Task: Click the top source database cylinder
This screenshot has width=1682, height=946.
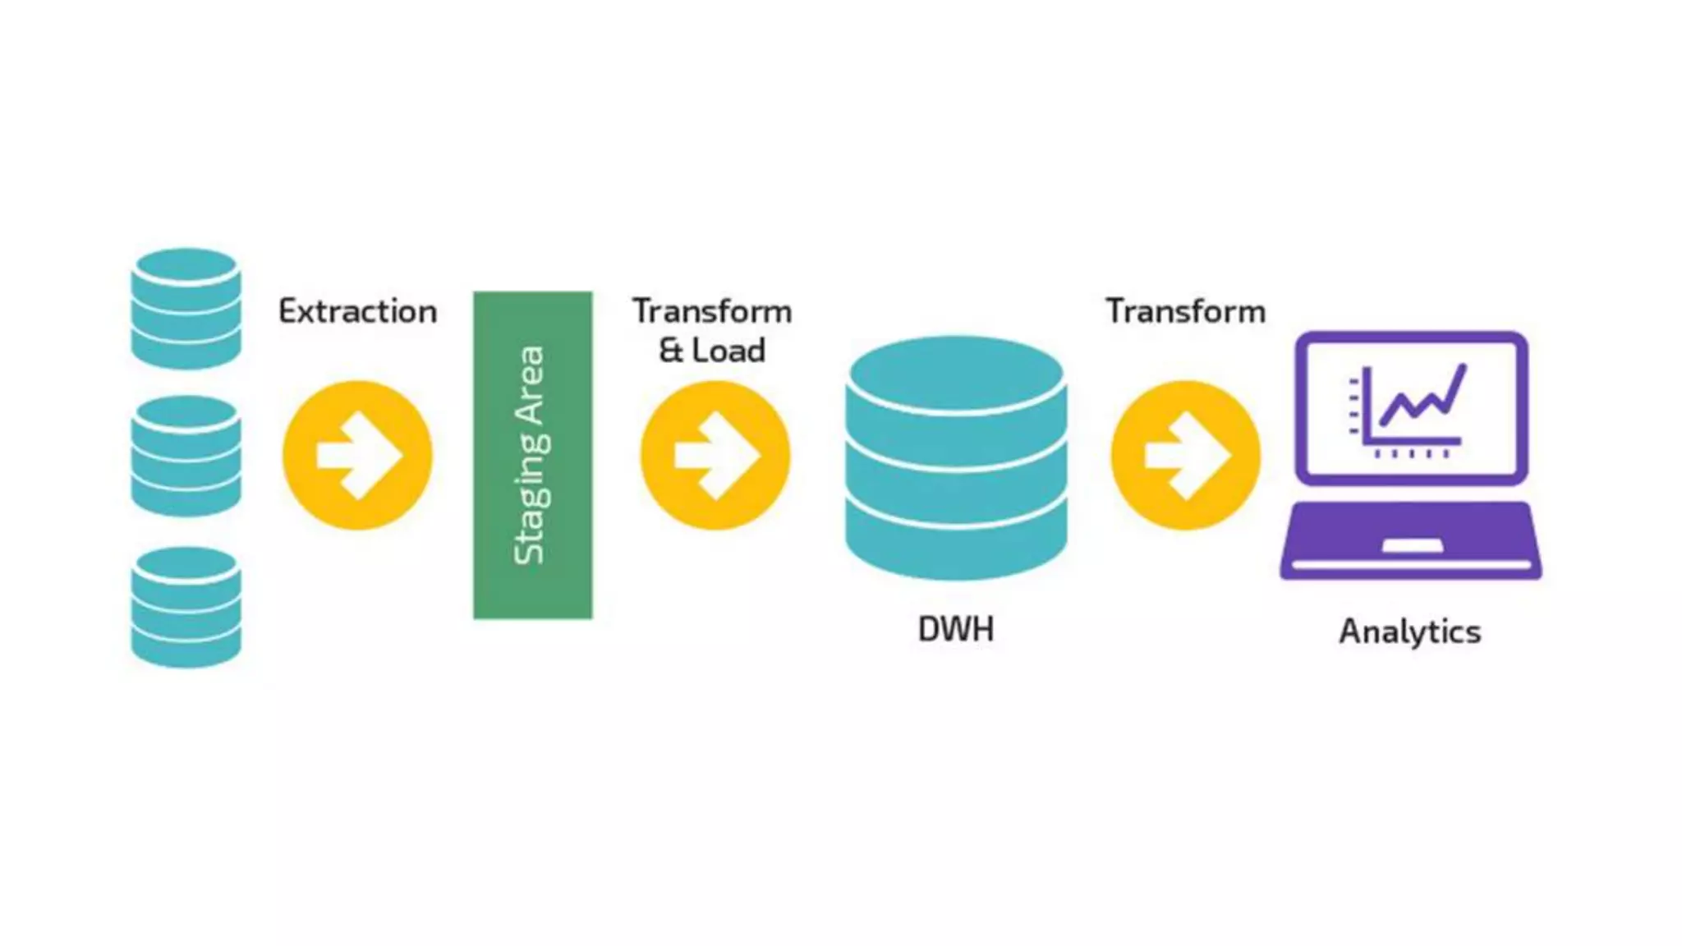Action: click(186, 308)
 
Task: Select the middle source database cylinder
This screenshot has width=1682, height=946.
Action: click(186, 456)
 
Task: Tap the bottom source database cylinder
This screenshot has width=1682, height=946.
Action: click(186, 607)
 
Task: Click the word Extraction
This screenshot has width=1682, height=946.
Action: click(357, 312)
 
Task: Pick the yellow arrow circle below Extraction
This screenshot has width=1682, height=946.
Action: click(357, 455)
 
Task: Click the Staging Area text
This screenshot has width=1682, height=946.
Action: click(530, 455)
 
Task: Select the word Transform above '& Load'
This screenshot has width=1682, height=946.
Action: click(712, 312)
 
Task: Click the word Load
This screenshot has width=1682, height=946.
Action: click(728, 351)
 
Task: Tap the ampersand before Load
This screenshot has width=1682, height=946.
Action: click(671, 351)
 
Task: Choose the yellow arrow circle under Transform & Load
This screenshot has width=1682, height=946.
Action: click(715, 455)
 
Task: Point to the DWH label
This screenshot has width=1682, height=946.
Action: click(956, 629)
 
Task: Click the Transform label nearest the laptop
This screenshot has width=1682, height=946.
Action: click(1185, 312)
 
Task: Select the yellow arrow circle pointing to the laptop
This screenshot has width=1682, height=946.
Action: click(1185, 455)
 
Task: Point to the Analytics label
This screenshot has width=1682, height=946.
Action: click(1410, 631)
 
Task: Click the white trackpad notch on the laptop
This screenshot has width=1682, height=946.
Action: click(1412, 546)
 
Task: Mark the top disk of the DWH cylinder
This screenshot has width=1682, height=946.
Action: click(956, 374)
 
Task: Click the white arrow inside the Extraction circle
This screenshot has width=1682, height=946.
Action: click(358, 455)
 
